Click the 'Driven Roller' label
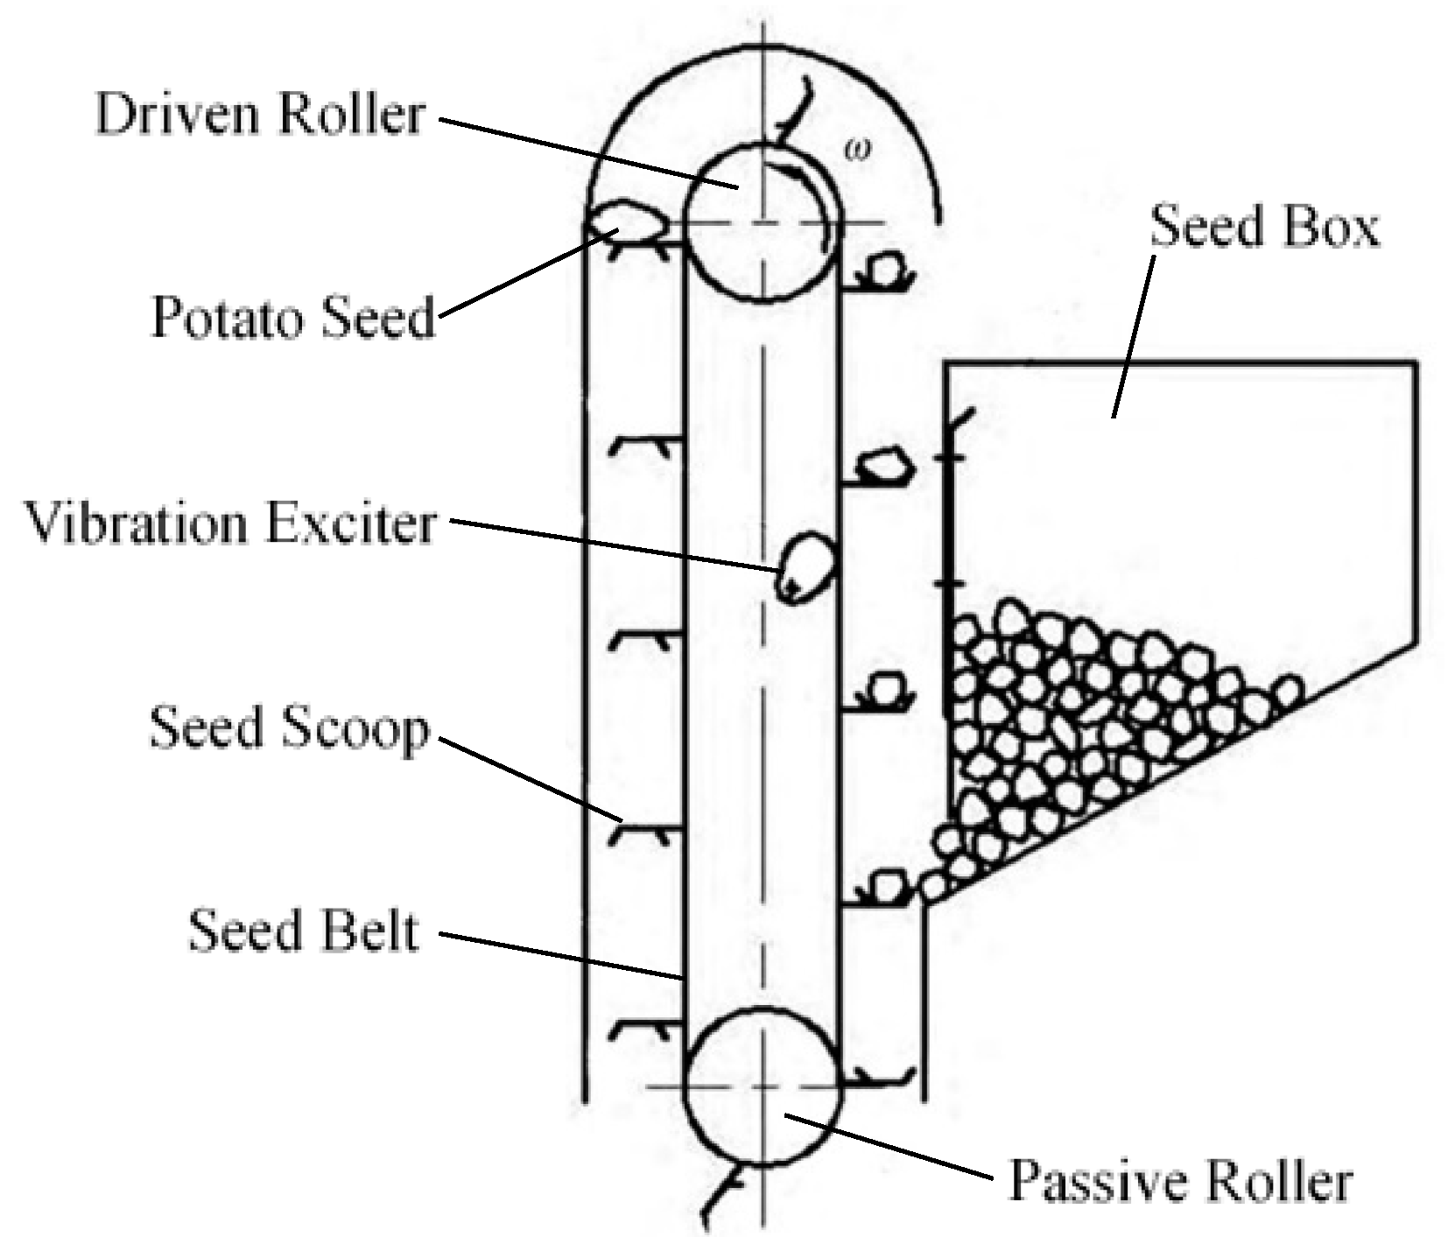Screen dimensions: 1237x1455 pos(260,115)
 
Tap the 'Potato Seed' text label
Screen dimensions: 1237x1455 pos(292,317)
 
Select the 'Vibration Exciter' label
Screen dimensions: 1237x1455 pos(230,524)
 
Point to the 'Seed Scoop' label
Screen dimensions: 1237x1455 pos(289,728)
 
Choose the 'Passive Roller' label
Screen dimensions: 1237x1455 pos(1180,1181)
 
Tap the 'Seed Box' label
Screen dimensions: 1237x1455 pos(1263,227)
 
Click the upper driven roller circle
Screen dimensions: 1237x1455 pos(760,224)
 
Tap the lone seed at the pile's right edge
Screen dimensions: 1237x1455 pos(1286,692)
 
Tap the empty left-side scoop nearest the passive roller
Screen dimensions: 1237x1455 pos(641,1027)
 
